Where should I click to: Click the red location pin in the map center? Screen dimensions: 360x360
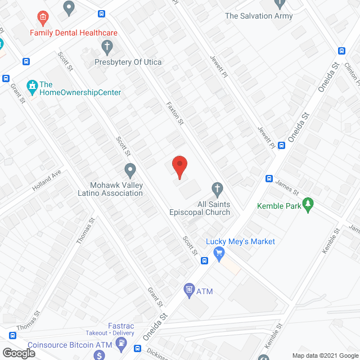click(179, 166)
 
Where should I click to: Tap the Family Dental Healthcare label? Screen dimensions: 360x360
click(74, 33)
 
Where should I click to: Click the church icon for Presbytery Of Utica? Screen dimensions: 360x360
click(106, 47)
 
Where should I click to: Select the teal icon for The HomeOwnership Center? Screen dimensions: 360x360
click(32, 85)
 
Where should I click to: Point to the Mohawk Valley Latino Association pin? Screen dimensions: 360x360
click(130, 169)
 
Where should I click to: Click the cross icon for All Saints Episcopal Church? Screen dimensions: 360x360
click(217, 188)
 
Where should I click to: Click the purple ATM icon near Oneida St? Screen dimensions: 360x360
click(189, 290)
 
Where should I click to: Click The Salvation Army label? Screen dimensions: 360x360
click(259, 16)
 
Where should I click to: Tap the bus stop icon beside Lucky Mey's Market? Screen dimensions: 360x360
click(204, 260)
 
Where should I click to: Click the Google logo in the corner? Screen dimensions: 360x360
click(18, 353)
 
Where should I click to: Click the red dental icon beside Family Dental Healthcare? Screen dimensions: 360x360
click(42, 19)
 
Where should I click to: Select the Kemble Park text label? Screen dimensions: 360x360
click(279, 206)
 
